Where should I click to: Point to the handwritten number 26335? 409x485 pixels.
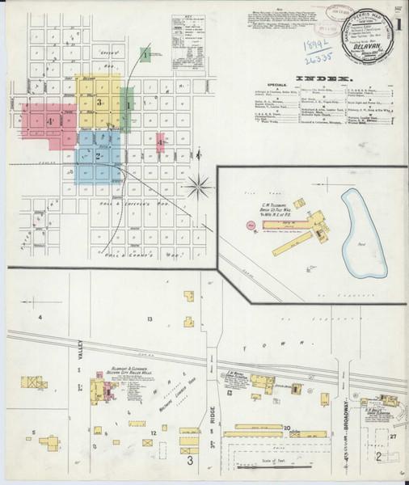point(305,59)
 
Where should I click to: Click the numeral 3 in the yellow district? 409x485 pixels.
point(99,103)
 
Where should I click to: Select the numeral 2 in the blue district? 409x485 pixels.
point(98,155)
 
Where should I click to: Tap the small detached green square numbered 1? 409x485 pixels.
point(144,55)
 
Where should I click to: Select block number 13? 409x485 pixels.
point(150,320)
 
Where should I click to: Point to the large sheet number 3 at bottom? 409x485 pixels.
point(190,461)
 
